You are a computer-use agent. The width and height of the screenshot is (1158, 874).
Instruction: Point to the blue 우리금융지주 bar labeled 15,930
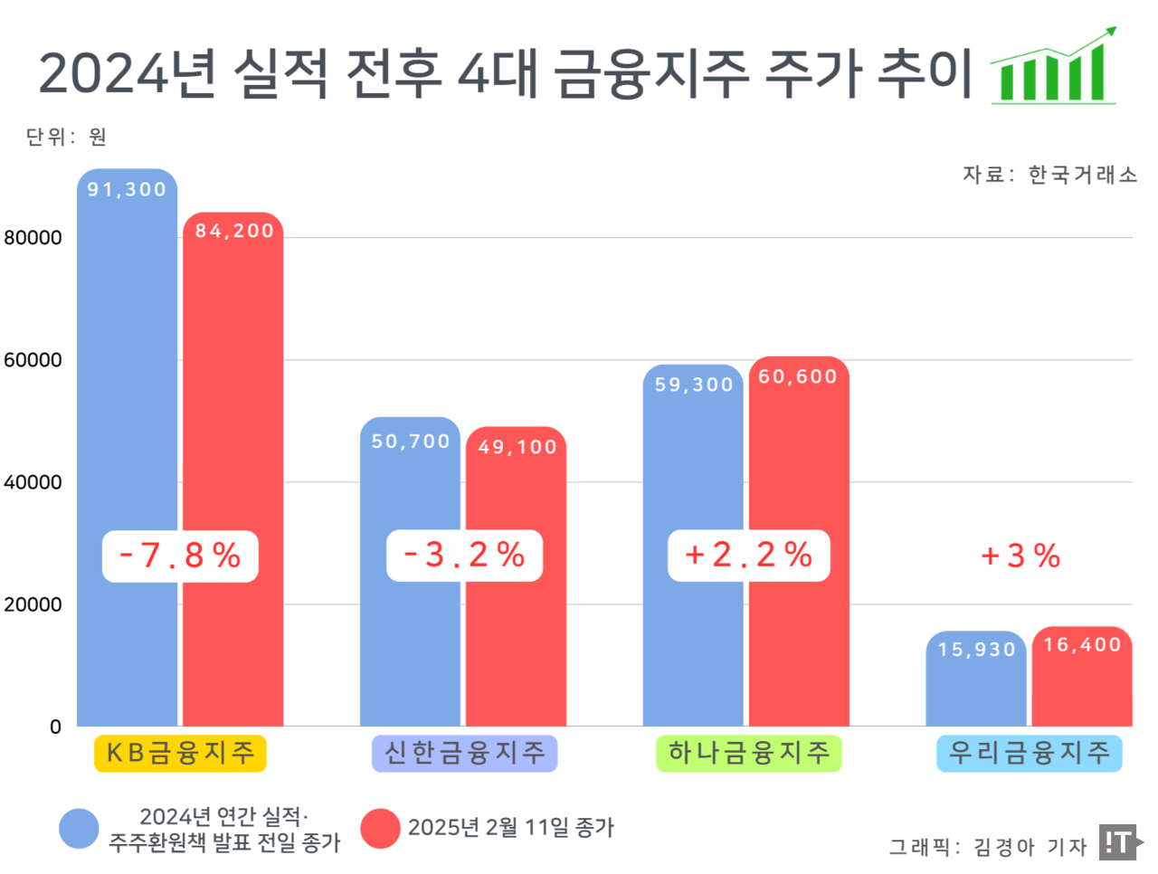click(x=976, y=688)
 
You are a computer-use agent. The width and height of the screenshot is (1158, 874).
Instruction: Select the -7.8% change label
click(x=180, y=556)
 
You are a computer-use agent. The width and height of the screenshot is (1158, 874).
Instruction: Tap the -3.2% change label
click(x=464, y=556)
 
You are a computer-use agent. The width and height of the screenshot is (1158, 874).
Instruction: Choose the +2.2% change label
click(x=749, y=556)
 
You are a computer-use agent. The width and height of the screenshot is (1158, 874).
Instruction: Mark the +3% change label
click(x=1020, y=556)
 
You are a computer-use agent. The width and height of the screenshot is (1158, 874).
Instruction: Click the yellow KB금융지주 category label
click(x=180, y=753)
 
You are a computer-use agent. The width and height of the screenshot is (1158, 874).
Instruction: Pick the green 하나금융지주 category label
click(x=748, y=753)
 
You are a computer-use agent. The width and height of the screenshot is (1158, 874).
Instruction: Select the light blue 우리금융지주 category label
click(x=1029, y=753)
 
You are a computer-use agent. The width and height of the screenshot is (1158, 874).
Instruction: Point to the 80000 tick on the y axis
click(x=33, y=238)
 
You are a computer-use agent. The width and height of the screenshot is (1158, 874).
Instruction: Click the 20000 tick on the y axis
click(x=33, y=604)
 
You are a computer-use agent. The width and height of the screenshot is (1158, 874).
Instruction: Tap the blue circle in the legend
click(x=79, y=829)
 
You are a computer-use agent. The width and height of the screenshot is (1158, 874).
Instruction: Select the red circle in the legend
click(x=380, y=829)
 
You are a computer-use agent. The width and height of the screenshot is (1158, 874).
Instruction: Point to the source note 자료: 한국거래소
click(x=1049, y=175)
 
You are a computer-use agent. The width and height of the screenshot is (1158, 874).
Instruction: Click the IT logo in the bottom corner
click(x=1120, y=842)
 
